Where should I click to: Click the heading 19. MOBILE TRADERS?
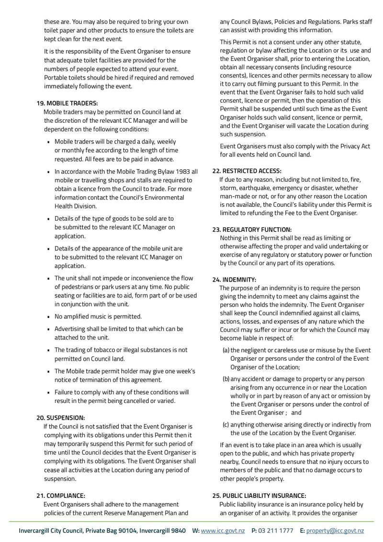click(67, 103)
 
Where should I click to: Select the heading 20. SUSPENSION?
click(61, 417)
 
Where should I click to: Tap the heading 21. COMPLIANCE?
click(61, 495)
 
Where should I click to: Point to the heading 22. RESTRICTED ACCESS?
click(247, 171)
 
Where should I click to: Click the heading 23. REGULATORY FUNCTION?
click(252, 230)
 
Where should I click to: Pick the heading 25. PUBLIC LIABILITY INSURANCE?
click(259, 495)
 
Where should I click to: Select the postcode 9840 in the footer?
click(178, 531)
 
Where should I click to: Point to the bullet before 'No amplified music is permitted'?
click(49, 317)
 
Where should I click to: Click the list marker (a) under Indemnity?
click(225, 350)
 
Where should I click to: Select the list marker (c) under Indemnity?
click(225, 424)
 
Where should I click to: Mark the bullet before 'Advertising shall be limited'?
click(49, 330)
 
